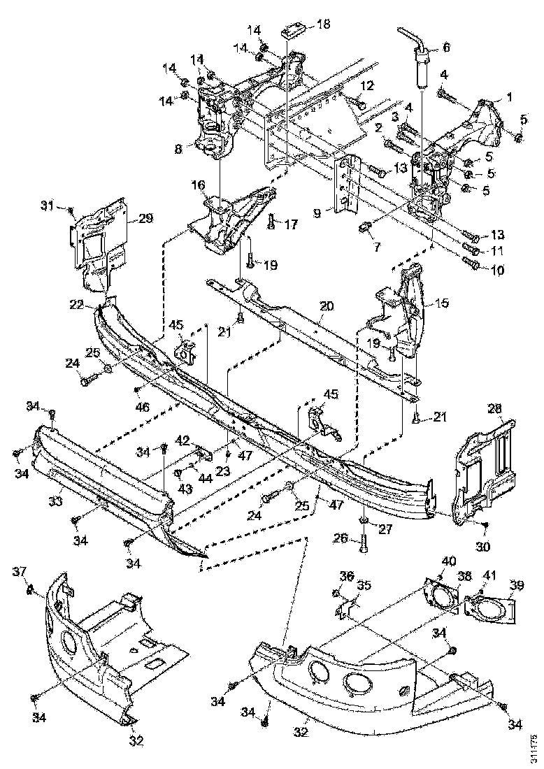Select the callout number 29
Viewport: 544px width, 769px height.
(x=145, y=219)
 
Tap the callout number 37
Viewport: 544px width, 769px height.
(x=19, y=571)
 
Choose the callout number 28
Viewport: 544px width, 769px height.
(x=494, y=408)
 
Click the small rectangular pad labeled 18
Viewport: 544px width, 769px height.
(x=292, y=31)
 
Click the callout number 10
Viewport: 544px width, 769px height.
(x=496, y=268)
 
